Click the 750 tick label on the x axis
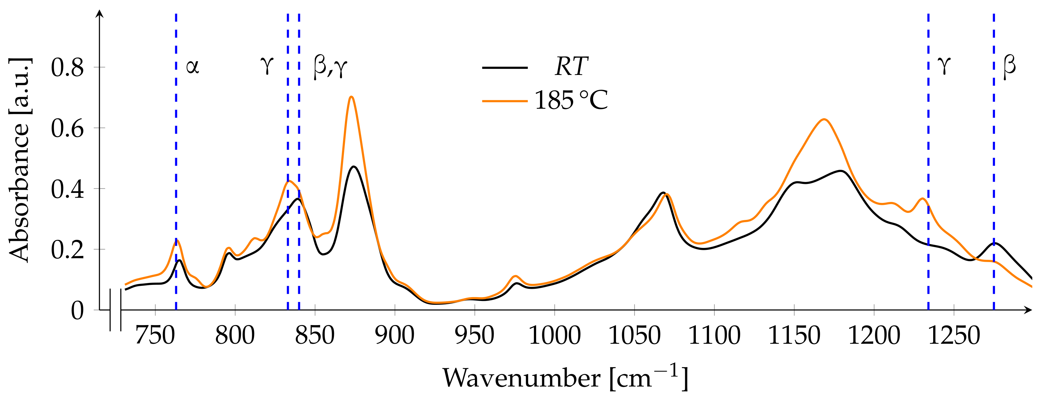[155, 335]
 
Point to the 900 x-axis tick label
[394, 335]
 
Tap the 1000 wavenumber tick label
[554, 335]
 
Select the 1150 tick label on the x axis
[794, 335]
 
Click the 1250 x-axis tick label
[953, 335]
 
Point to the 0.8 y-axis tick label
[67, 67]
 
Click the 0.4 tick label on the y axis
[67, 189]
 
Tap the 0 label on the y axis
[77, 310]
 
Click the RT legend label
[571, 67]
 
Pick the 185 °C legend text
[571, 100]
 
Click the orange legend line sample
[505, 101]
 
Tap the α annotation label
[193, 67]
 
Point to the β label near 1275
[1009, 66]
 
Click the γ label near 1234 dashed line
[944, 66]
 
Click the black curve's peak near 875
[354, 167]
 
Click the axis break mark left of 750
[115, 310]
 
